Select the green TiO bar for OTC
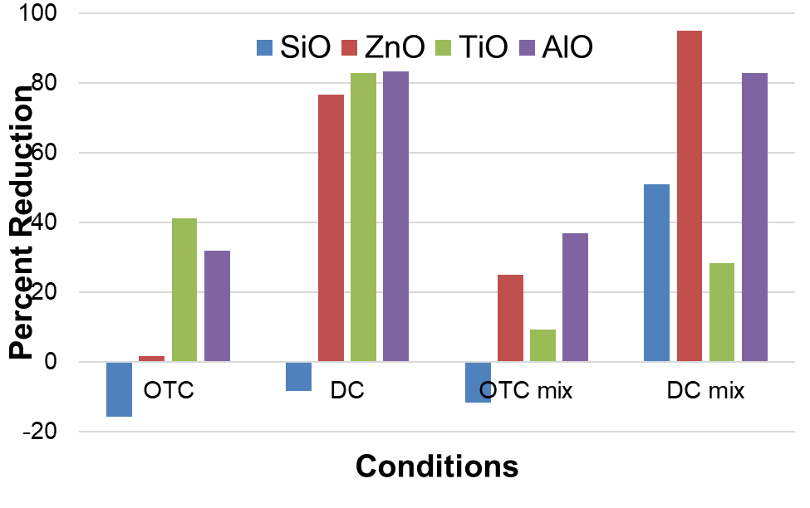(x=184, y=290)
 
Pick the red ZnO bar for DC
(x=331, y=228)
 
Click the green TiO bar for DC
(x=363, y=217)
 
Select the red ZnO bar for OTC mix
(x=510, y=318)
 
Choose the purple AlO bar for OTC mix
(x=575, y=297)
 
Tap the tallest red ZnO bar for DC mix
(x=690, y=196)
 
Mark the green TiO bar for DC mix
(x=722, y=312)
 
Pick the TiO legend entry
(x=474, y=47)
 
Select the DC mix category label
(x=705, y=391)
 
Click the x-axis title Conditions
(x=437, y=466)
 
